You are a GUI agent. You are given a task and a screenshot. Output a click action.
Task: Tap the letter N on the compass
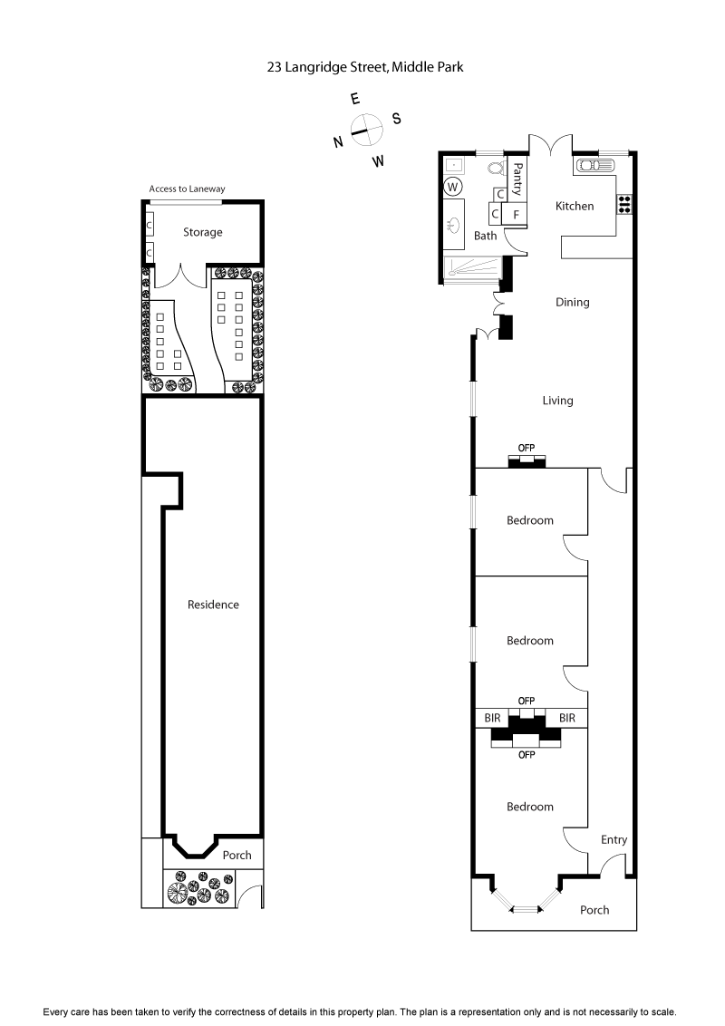(x=337, y=141)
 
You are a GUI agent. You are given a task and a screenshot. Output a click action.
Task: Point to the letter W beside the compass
(x=378, y=161)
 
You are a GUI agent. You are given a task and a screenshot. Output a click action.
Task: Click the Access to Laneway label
(x=187, y=189)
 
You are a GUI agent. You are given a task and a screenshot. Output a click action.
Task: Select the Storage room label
(x=202, y=232)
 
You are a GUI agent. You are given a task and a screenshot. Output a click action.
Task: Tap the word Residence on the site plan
(x=213, y=605)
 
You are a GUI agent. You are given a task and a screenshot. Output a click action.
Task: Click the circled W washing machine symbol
(x=453, y=186)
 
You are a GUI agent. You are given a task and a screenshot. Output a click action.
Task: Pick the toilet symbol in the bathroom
(x=496, y=168)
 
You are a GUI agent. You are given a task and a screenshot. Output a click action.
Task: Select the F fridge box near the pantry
(x=516, y=215)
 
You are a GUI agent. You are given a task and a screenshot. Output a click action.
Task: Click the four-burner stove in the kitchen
(x=624, y=204)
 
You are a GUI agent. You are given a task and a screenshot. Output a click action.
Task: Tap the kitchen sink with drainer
(x=595, y=166)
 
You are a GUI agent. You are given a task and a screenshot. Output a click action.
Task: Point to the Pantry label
(x=518, y=172)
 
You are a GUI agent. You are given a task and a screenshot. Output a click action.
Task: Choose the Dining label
(x=572, y=303)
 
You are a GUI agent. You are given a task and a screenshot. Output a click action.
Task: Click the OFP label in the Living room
(x=527, y=448)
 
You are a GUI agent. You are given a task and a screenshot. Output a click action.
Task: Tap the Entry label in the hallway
(x=614, y=840)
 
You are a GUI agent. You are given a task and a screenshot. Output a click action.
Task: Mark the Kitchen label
(x=575, y=206)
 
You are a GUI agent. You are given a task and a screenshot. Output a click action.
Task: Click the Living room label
(x=557, y=401)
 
